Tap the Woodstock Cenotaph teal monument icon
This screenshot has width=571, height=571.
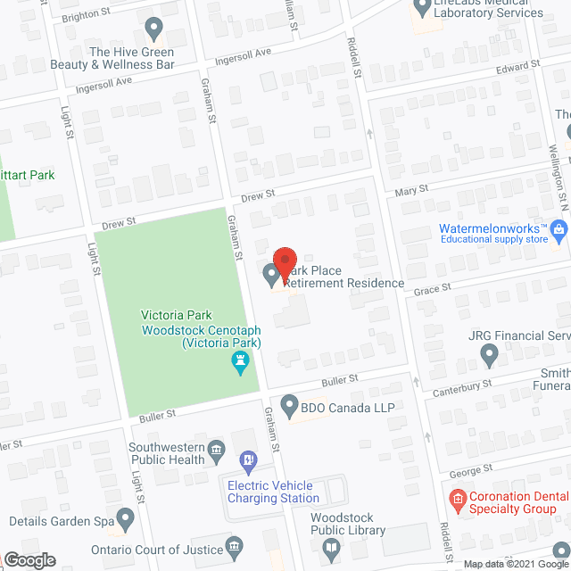tap(239, 362)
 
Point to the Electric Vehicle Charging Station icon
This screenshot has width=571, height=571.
tap(249, 461)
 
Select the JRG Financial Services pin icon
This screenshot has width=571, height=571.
tap(489, 356)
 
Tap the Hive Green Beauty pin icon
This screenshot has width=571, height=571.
tap(153, 31)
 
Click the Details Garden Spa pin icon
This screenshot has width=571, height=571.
tap(125, 518)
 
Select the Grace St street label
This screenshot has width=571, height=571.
tap(434, 288)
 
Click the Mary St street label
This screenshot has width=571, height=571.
tap(412, 189)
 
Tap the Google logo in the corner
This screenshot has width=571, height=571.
tap(29, 559)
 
